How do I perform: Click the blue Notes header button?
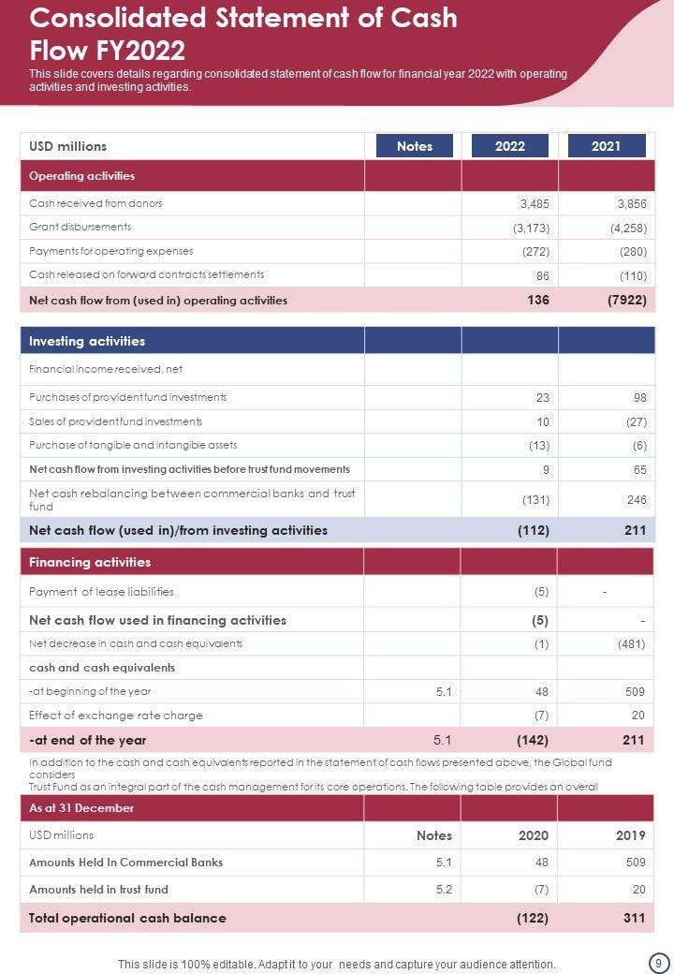click(x=415, y=146)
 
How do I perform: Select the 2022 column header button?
click(x=509, y=146)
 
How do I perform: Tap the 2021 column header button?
click(x=606, y=146)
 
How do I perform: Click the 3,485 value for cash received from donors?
click(x=535, y=203)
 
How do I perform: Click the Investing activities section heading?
click(x=87, y=341)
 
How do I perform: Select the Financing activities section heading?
click(x=90, y=562)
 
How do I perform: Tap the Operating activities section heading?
click(x=82, y=176)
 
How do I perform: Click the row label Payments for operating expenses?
click(x=110, y=251)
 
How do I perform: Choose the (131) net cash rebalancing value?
click(x=535, y=500)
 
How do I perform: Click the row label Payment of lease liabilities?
click(x=101, y=592)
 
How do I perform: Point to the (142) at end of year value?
click(x=533, y=740)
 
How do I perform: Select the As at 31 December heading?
click(x=81, y=808)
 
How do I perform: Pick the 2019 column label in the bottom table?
click(x=630, y=835)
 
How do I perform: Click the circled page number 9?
click(x=657, y=963)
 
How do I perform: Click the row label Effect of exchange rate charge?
click(x=115, y=716)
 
